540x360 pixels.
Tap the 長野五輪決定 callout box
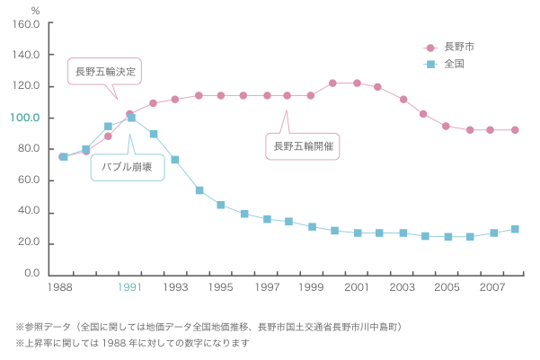(x=108, y=69)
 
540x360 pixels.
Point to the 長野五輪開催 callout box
(x=303, y=145)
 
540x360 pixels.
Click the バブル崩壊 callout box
(x=127, y=166)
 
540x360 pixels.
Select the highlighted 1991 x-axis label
(x=130, y=288)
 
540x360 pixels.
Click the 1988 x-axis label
(x=61, y=288)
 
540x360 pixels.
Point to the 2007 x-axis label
(x=492, y=288)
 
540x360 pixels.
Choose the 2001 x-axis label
(x=356, y=288)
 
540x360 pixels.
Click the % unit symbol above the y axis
(x=35, y=10)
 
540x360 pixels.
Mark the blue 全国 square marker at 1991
(x=131, y=118)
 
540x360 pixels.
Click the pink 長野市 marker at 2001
(x=357, y=83)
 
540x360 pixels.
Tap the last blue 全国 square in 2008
(x=515, y=229)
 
